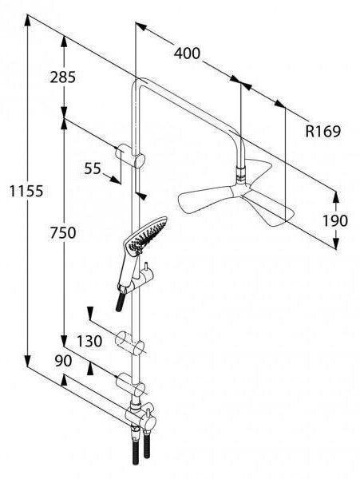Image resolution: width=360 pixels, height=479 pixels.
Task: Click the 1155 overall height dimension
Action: pyautogui.click(x=26, y=192)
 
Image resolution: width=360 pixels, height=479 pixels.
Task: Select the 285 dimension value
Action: pyautogui.click(x=62, y=77)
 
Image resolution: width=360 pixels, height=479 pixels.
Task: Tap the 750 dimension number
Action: pyautogui.click(x=63, y=233)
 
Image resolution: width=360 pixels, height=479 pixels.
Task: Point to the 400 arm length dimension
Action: pyautogui.click(x=187, y=53)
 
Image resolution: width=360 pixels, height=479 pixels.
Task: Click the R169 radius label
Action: pyautogui.click(x=322, y=132)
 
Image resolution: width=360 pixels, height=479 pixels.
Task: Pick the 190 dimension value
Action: pyautogui.click(x=335, y=220)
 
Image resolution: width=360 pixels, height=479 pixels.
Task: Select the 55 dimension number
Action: pyautogui.click(x=93, y=168)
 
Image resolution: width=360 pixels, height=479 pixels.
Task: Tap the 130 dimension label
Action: pyautogui.click(x=89, y=341)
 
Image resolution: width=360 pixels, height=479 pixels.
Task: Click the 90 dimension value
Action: pyautogui.click(x=63, y=361)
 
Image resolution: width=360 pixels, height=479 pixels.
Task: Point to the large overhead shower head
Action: pyautogui.click(x=236, y=196)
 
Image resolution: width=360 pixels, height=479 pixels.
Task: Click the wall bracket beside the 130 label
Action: pyautogui.click(x=130, y=343)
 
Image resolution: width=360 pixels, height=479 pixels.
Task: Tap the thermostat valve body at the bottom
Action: pyautogui.click(x=141, y=415)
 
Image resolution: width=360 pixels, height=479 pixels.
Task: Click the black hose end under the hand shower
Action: pyautogui.click(x=121, y=300)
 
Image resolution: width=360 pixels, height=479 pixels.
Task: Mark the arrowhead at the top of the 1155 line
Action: pyautogui.click(x=27, y=20)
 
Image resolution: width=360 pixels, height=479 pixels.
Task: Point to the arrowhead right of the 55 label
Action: pyautogui.click(x=115, y=180)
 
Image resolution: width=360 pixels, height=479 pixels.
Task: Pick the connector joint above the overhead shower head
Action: pyautogui.click(x=241, y=174)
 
